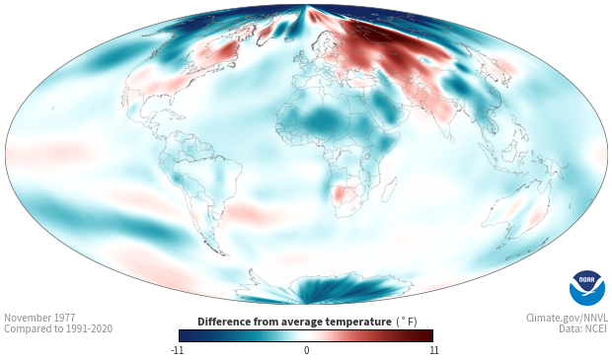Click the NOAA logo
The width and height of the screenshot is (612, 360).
tap(587, 288)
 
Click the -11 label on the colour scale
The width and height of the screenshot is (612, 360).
tap(178, 350)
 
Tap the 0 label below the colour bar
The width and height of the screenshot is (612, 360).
tap(306, 350)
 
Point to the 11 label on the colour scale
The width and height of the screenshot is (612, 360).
tap(434, 350)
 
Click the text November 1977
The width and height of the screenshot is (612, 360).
tap(39, 318)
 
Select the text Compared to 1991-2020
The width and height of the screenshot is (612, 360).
tap(58, 328)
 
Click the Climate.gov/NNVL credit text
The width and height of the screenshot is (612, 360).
tap(567, 318)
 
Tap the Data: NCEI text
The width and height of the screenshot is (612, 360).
tap(583, 328)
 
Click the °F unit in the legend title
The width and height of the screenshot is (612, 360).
tap(407, 323)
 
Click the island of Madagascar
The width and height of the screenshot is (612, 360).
tap(390, 189)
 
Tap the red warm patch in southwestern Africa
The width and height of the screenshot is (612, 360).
tap(342, 193)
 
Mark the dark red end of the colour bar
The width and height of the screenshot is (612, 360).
tap(427, 335)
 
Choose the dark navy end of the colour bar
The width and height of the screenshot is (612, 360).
tap(185, 335)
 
